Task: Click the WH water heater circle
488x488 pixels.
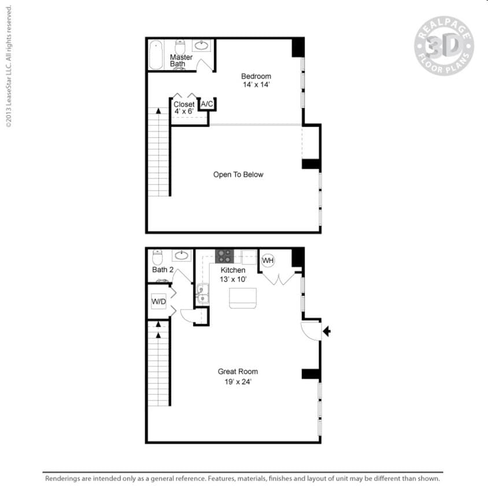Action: tap(268, 260)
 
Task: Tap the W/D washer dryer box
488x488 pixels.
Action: tap(159, 301)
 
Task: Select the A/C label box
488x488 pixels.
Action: tap(207, 104)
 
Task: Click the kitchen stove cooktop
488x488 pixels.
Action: tap(224, 256)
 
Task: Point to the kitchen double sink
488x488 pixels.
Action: tap(202, 294)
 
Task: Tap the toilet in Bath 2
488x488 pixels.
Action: tap(157, 257)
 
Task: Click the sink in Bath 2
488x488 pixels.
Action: tap(182, 256)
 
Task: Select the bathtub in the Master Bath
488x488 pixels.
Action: tap(156, 55)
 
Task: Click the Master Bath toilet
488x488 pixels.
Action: tap(180, 47)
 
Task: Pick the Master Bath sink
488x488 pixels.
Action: tap(201, 46)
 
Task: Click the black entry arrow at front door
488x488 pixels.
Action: tap(327, 331)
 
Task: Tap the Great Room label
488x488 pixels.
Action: tap(238, 371)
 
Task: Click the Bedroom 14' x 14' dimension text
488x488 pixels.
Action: tap(256, 84)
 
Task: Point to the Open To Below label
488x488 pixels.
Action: tap(238, 175)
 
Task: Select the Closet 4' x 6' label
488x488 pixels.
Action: tap(184, 108)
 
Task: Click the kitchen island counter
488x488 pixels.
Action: tap(243, 298)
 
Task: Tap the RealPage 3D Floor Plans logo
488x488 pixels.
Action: tap(444, 46)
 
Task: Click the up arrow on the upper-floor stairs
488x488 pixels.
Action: tap(158, 110)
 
